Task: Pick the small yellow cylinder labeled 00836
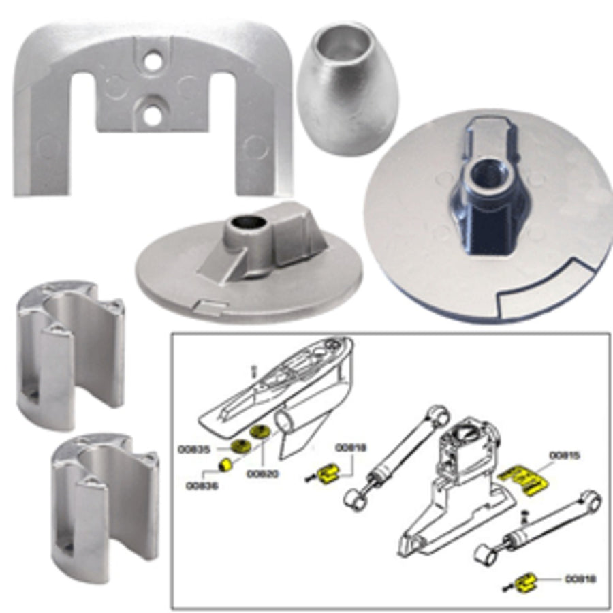[224, 465]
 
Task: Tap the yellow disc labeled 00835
[239, 447]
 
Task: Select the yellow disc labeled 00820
[260, 433]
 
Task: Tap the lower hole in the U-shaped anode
[152, 115]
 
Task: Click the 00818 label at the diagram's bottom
[581, 580]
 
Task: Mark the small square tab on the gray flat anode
[207, 308]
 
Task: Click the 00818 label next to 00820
[351, 447]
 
